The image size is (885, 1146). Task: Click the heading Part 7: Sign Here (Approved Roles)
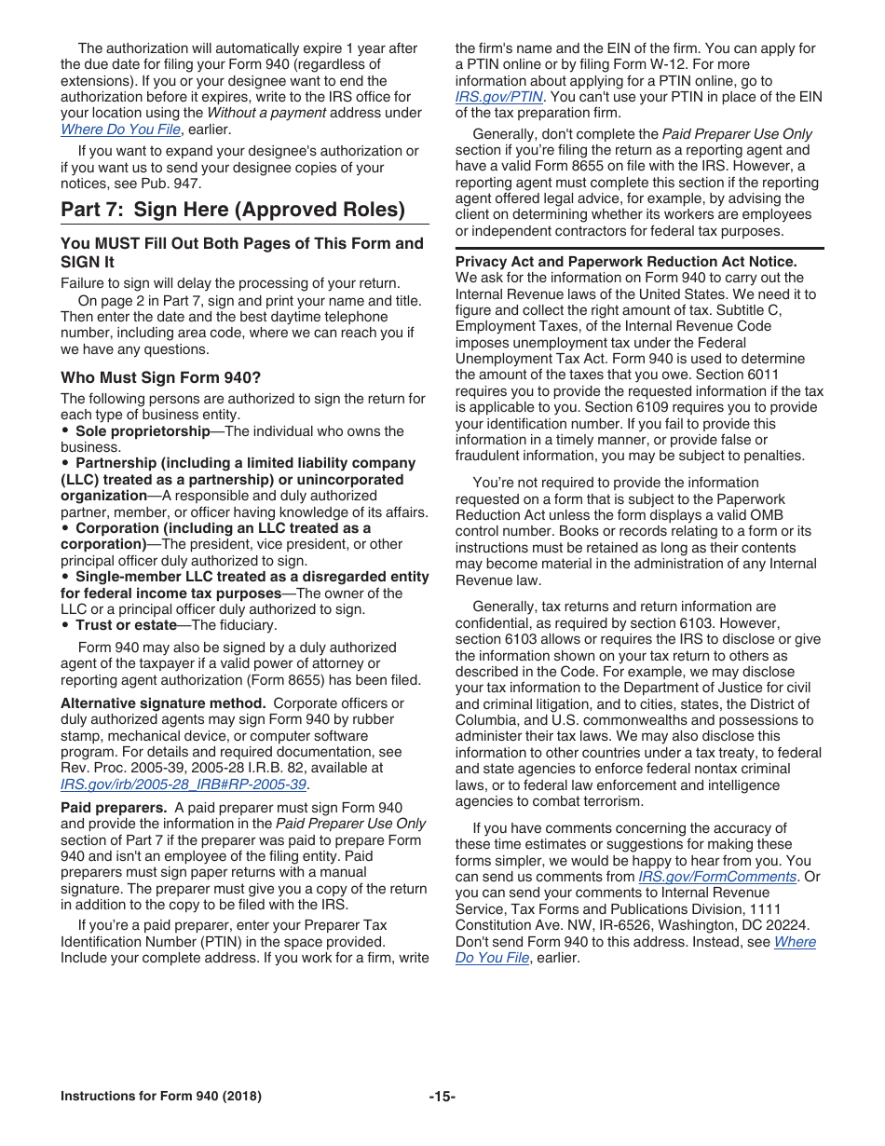pos(233,209)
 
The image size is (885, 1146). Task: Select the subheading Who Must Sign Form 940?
pos(160,377)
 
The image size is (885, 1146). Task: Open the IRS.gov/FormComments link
pos(717,877)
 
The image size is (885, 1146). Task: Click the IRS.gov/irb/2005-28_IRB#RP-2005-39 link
pos(184,784)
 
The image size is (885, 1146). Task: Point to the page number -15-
pos(442,1096)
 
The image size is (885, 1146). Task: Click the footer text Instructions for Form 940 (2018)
pos(160,1096)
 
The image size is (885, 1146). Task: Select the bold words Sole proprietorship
pos(143,431)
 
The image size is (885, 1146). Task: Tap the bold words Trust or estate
pos(126,625)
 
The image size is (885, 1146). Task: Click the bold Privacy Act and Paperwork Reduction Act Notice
pos(626,262)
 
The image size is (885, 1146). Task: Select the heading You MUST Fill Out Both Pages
pos(242,243)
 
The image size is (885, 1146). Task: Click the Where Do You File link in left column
pos(120,130)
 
